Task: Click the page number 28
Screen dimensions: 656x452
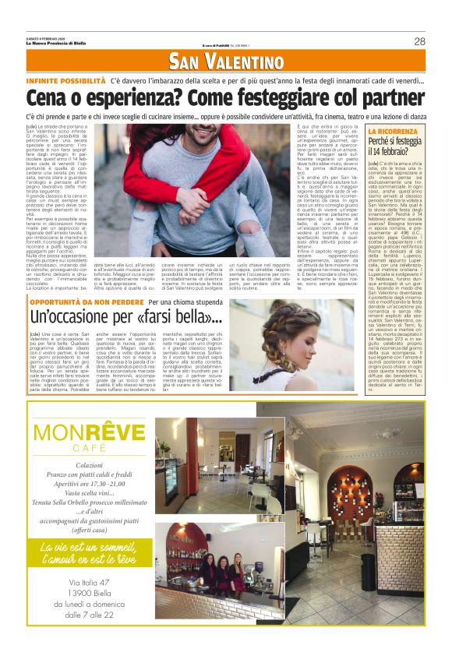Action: [419, 41]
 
